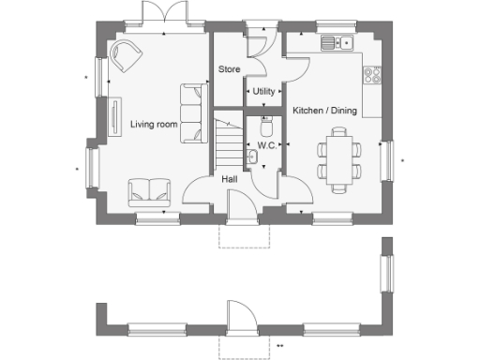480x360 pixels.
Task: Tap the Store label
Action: pyautogui.click(x=229, y=69)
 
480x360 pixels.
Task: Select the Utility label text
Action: pyautogui.click(x=263, y=91)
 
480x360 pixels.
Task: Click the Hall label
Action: pyautogui.click(x=229, y=179)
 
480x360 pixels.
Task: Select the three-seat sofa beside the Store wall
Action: pyautogui.click(x=193, y=112)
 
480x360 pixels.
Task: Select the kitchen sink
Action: pyautogui.click(x=336, y=42)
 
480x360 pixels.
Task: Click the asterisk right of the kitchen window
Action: pyautogui.click(x=403, y=160)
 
